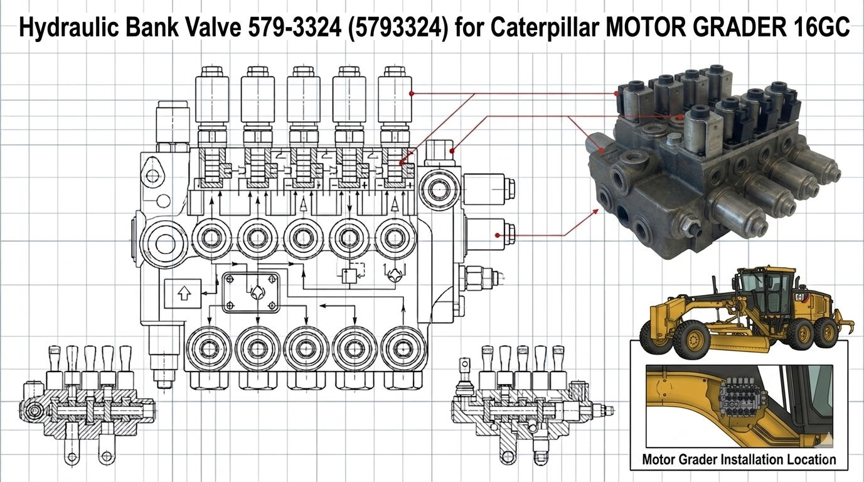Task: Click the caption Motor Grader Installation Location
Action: click(739, 459)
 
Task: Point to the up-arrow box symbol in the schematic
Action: click(183, 293)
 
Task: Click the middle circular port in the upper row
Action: click(304, 238)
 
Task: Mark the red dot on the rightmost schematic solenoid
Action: click(412, 94)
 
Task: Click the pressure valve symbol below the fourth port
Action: click(349, 274)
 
